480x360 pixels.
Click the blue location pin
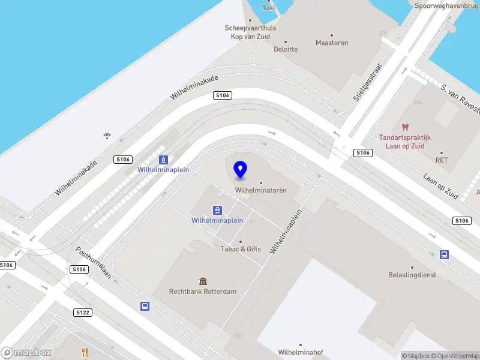[241, 170]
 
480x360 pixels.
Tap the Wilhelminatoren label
[260, 190]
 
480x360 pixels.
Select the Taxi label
[269, 8]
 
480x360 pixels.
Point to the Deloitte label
[286, 49]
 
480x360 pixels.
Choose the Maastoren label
[332, 43]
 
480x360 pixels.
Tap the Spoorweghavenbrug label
[447, 5]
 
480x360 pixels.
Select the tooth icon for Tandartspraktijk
[404, 127]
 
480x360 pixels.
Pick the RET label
[442, 160]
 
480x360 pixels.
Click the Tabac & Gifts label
[241, 249]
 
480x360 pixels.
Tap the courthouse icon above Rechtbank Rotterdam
[203, 281]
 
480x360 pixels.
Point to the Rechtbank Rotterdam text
[203, 292]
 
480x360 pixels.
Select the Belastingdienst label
[412, 275]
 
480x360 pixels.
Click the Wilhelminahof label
[301, 352]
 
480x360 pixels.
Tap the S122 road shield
[83, 313]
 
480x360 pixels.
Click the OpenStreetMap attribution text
[455, 356]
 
